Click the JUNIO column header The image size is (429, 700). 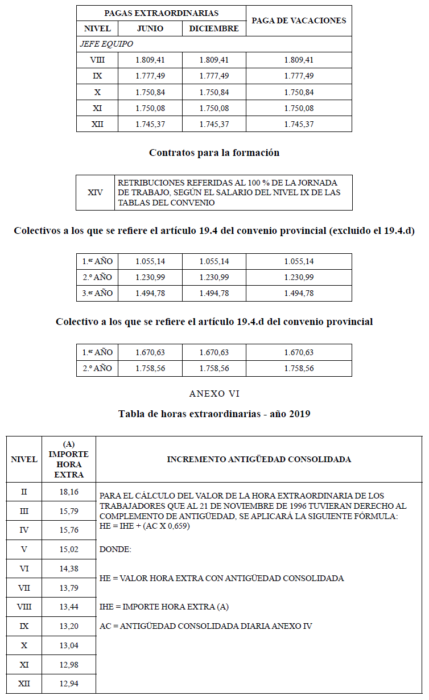[x=150, y=28]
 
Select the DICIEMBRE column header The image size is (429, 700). [x=214, y=28]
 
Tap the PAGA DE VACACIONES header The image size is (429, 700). [x=299, y=20]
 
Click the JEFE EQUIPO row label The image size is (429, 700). [x=106, y=44]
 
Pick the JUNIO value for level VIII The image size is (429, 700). [x=150, y=60]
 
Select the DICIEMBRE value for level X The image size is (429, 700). [x=214, y=92]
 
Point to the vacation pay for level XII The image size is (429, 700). [x=299, y=124]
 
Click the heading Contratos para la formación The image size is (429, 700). [x=214, y=153]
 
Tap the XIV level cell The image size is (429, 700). [x=96, y=192]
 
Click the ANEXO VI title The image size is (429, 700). [x=214, y=394]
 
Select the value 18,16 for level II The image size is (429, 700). [x=69, y=491]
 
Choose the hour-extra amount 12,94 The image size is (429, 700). [x=69, y=683]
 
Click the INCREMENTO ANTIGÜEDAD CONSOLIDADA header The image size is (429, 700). [x=259, y=459]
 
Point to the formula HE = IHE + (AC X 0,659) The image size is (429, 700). [x=145, y=526]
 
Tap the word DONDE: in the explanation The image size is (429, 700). [x=115, y=550]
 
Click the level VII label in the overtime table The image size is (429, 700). [x=24, y=588]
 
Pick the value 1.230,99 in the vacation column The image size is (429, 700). [x=299, y=277]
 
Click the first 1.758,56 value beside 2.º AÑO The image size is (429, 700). [x=150, y=368]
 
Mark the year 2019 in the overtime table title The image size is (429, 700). [x=299, y=414]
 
